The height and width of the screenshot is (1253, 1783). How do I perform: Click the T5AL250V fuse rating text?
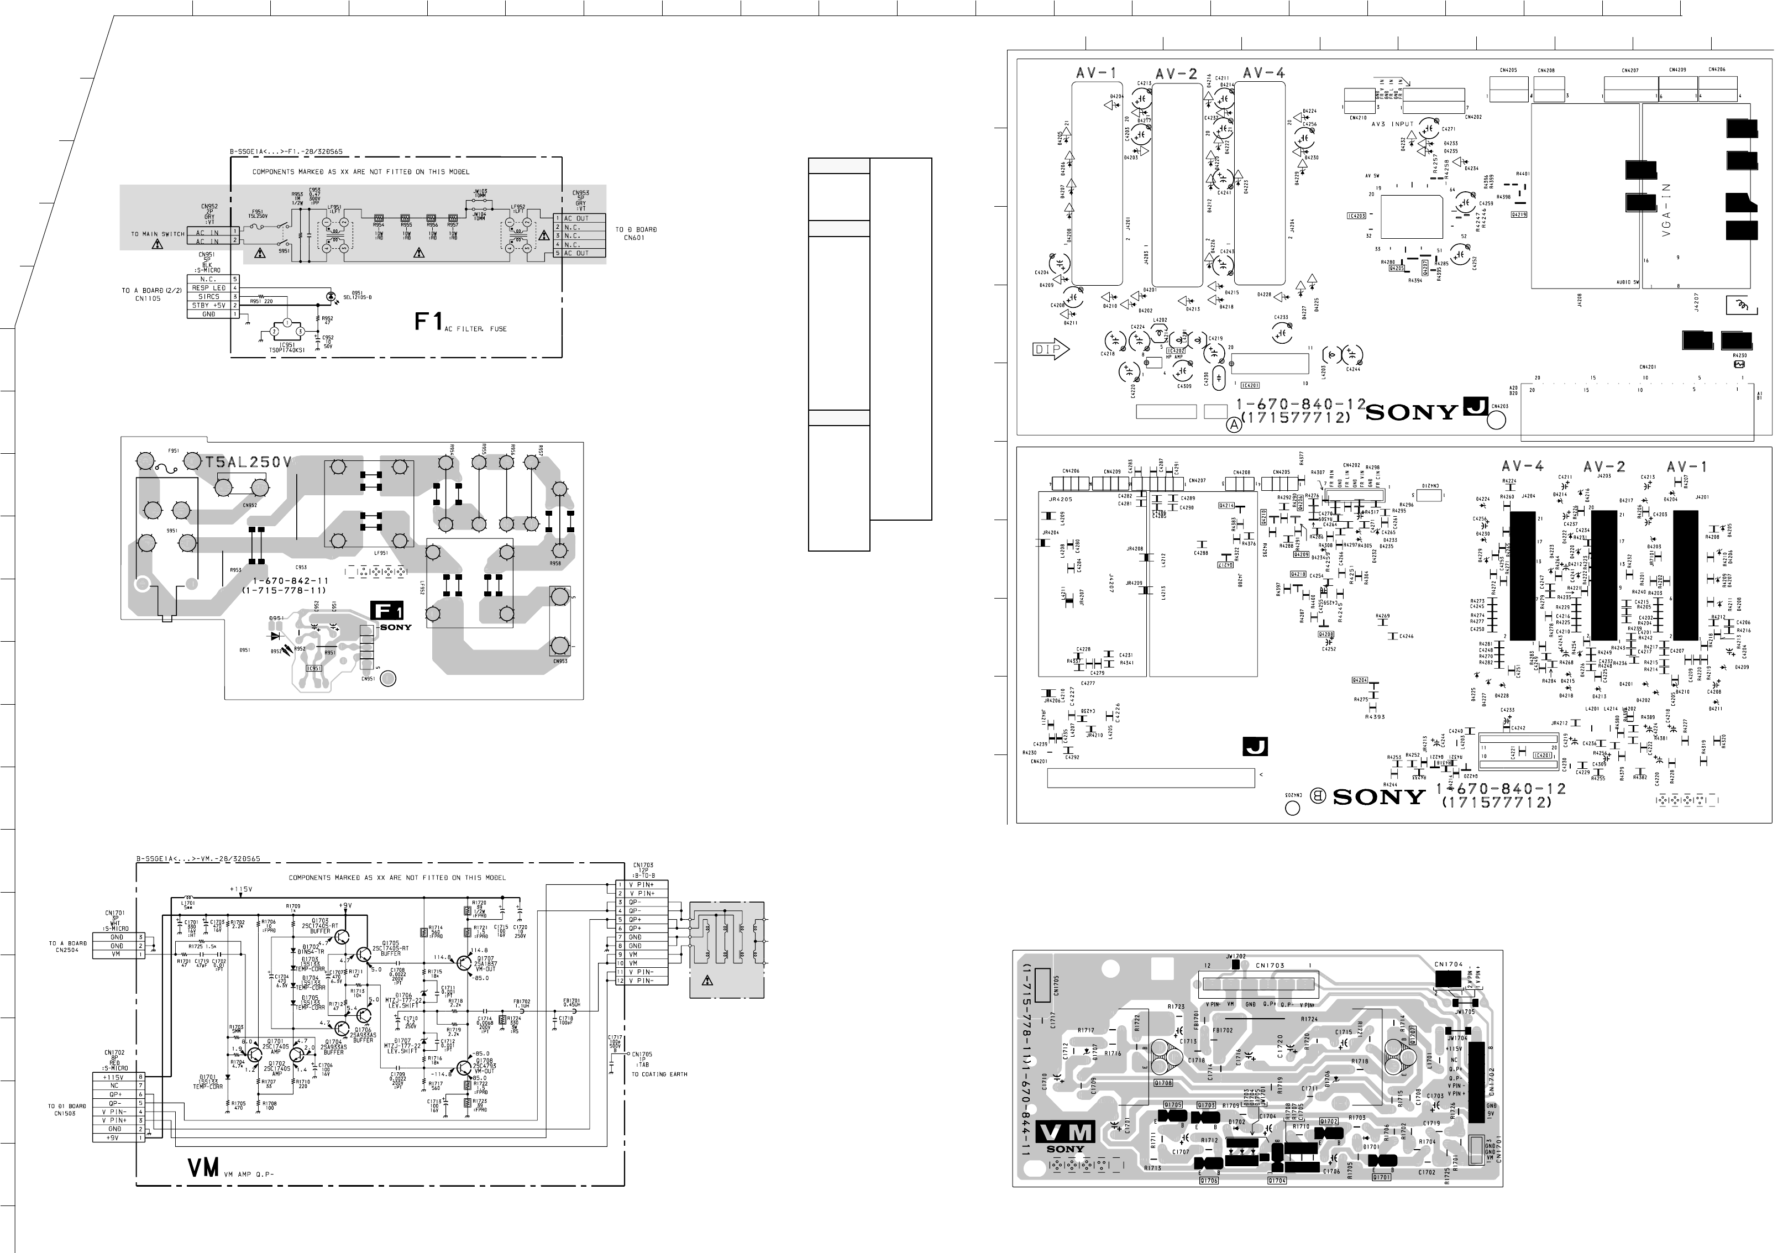[249, 463]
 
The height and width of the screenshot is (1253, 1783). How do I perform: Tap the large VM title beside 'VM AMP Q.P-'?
[203, 1167]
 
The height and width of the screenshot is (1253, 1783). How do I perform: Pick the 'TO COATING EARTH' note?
[658, 1074]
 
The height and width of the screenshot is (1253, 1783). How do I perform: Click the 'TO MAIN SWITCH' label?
[158, 234]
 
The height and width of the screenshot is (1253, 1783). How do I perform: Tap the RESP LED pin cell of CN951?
[209, 287]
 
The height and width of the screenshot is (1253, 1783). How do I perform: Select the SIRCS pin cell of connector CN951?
[209, 297]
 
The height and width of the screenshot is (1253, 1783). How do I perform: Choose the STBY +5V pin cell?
[209, 305]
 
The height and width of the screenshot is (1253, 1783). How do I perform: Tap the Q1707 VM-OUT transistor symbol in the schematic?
[465, 963]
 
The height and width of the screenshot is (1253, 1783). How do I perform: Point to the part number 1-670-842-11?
[290, 581]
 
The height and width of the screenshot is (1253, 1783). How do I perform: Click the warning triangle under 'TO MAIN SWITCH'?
[158, 244]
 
